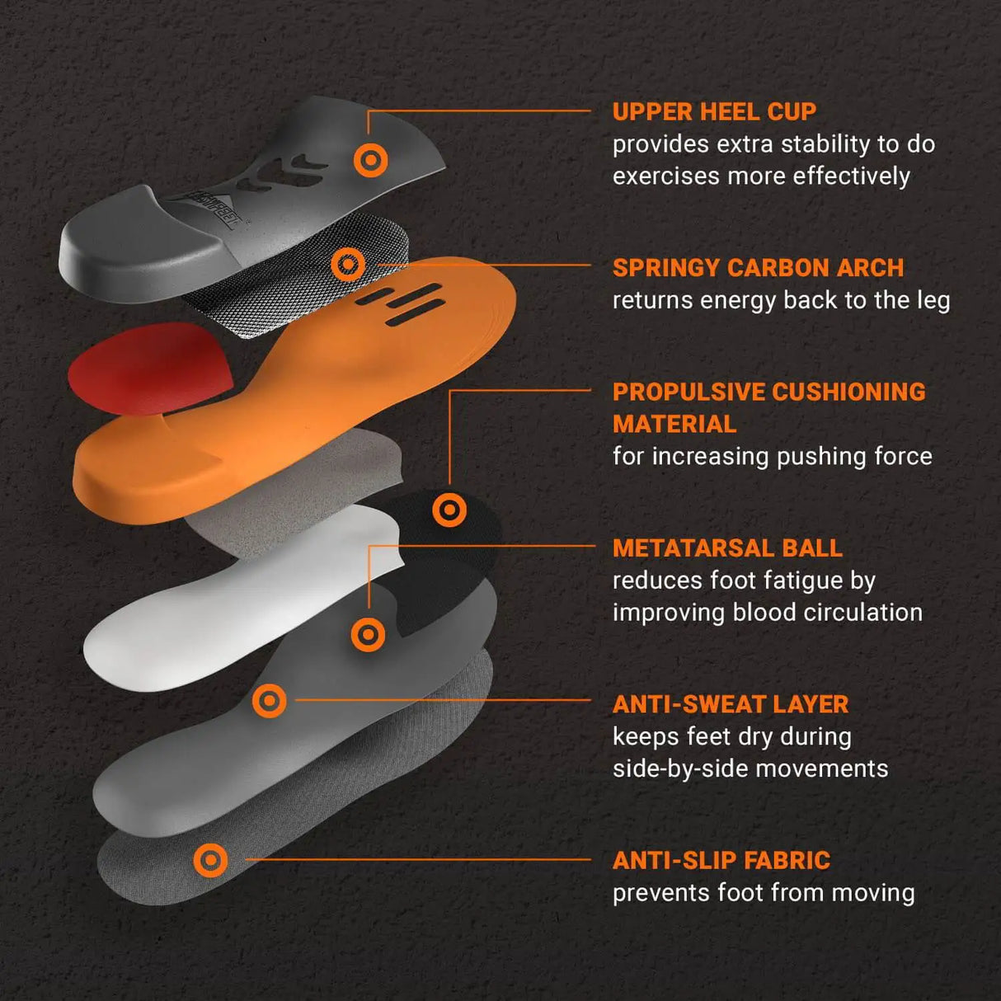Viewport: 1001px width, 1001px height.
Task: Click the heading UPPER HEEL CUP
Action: point(714,111)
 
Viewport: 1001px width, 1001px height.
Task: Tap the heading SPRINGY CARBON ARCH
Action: point(758,268)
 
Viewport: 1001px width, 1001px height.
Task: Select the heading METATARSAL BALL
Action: point(727,548)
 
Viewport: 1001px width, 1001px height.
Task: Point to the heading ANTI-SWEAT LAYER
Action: point(730,704)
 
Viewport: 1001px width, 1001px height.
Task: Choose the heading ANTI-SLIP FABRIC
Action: point(721,860)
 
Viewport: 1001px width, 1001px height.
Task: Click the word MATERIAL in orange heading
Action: point(674,424)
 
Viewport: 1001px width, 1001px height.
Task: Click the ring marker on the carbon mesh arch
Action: point(348,265)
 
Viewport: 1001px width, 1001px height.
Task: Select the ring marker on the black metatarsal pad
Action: point(449,510)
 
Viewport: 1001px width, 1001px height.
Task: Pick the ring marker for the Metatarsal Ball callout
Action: point(368,635)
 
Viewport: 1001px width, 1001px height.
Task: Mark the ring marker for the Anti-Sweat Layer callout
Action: point(269,701)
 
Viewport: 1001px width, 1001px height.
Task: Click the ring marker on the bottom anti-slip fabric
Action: point(210,860)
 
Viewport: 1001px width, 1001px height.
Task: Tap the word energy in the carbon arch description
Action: point(738,300)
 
